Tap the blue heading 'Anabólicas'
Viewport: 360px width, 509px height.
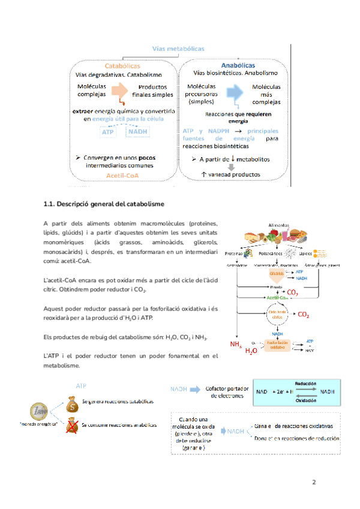[238, 65]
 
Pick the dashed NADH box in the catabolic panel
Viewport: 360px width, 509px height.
[138, 132]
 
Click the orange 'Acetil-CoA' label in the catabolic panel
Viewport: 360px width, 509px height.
[123, 176]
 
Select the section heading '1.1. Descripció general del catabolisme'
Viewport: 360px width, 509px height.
[104, 205]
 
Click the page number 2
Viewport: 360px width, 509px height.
[313, 482]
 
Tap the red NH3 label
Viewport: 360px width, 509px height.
[236, 345]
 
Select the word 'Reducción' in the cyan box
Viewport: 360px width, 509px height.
[305, 382]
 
